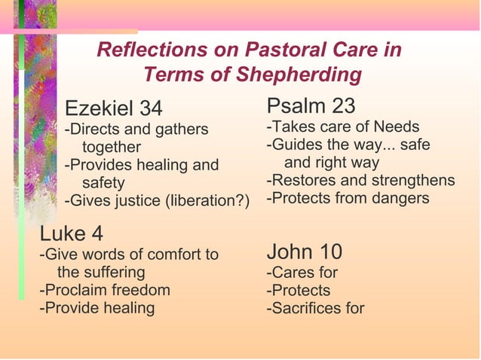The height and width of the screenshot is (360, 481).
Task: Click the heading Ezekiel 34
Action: [x=113, y=108]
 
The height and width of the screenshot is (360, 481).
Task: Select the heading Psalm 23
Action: [x=311, y=105]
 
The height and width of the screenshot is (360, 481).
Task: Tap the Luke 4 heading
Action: [x=72, y=235]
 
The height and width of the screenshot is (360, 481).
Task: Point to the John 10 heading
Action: [x=305, y=251]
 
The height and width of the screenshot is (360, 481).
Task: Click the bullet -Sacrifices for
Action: [x=315, y=308]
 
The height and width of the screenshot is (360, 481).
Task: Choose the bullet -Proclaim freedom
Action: [x=105, y=290]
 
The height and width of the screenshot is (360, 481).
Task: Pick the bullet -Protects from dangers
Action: [x=348, y=198]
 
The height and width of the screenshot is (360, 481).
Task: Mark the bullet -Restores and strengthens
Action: [x=360, y=180]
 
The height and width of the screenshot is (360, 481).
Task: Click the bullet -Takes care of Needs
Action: [x=343, y=126]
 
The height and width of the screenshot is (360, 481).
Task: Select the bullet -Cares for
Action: [x=302, y=272]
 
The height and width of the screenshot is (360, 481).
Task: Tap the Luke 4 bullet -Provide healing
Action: [x=97, y=308]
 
